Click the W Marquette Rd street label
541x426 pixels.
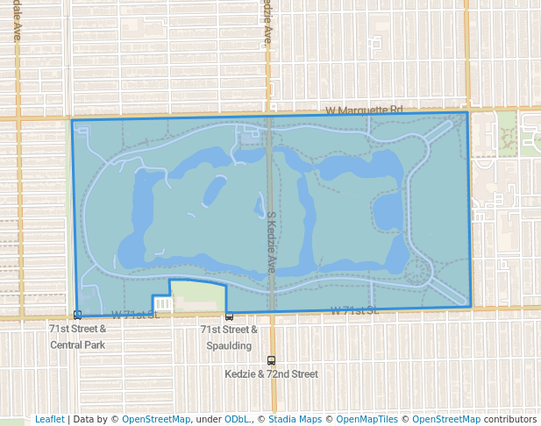click(x=363, y=110)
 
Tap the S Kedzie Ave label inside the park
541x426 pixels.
click(x=272, y=242)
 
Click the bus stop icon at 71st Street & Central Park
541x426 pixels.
click(x=78, y=315)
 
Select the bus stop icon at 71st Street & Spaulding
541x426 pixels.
click(x=229, y=316)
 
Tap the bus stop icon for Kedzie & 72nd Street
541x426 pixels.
click(x=271, y=360)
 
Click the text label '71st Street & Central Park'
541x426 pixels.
click(x=77, y=337)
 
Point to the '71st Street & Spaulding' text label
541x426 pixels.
click(x=229, y=337)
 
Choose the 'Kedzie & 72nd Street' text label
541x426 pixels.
click(x=271, y=374)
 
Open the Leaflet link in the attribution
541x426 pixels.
click(x=49, y=419)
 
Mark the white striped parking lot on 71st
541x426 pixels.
click(x=162, y=303)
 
